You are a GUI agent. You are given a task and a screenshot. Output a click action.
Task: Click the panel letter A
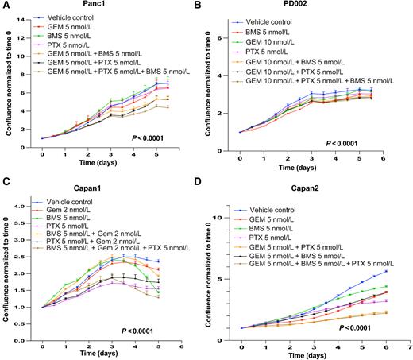[6, 6]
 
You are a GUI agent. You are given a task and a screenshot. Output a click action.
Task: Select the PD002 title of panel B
[318, 6]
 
